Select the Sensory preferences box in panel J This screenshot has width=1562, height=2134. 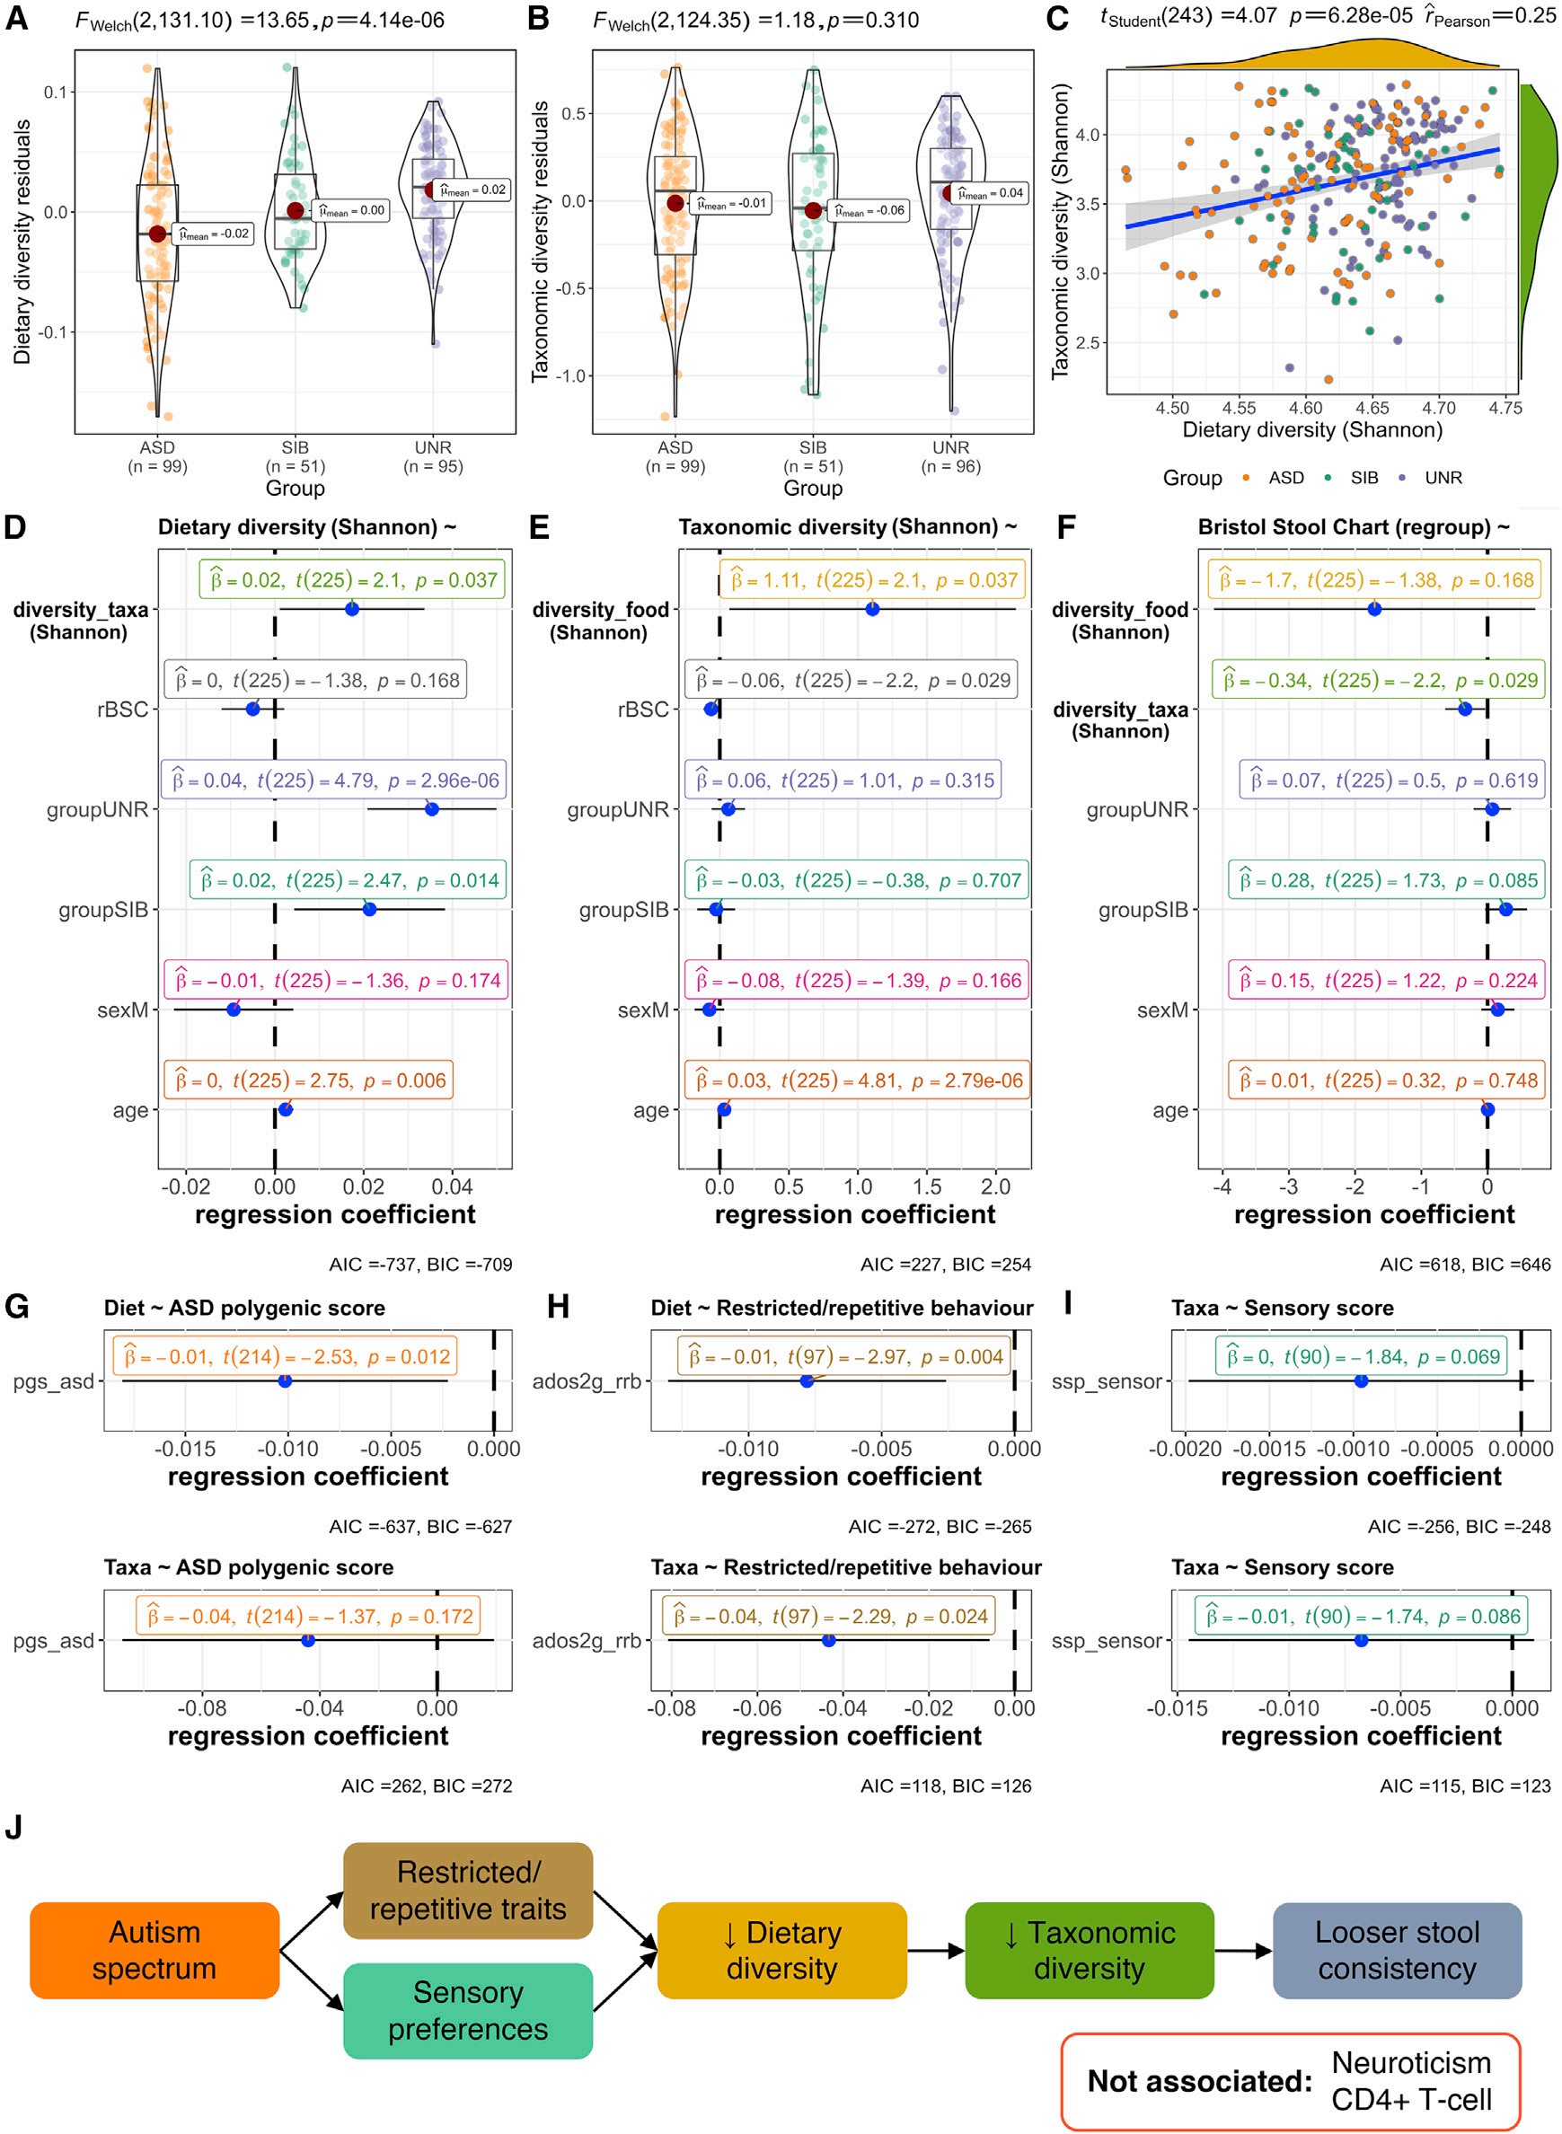[467, 2010]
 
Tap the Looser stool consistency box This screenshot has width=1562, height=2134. [1397, 1951]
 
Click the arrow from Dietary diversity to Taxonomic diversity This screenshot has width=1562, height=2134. [935, 1950]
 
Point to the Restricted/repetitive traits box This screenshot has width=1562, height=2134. [467, 1890]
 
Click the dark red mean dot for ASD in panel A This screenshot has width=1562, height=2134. [158, 234]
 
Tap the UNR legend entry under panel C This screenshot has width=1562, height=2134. [1442, 478]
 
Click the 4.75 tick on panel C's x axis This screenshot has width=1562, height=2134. [1505, 409]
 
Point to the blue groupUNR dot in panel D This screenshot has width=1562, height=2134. [432, 809]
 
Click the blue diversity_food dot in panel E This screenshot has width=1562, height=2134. [872, 610]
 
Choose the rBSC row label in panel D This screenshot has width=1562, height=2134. [123, 710]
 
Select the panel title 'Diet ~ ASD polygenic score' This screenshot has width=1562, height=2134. [244, 1308]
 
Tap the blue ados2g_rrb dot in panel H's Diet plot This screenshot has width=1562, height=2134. [807, 1381]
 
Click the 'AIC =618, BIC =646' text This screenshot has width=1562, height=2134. [1465, 1264]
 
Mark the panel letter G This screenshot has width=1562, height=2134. [16, 1307]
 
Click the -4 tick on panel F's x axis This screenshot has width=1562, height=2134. [1222, 1186]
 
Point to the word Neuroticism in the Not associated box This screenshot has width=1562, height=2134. [1411, 2062]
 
